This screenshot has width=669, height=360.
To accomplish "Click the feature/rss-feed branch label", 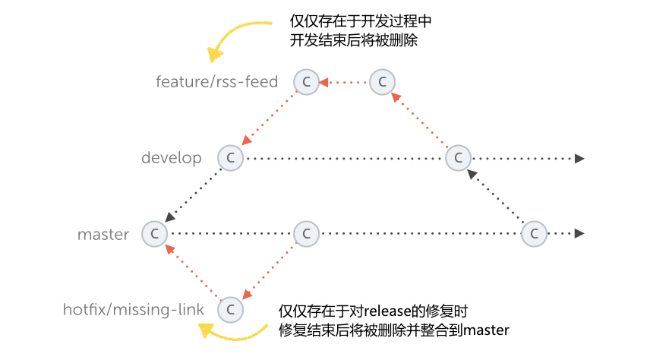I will tap(216, 81).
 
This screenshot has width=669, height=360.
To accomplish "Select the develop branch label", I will tap(172, 158).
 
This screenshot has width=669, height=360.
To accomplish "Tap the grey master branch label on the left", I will tap(103, 235).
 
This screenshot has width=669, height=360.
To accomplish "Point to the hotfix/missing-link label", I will tap(134, 309).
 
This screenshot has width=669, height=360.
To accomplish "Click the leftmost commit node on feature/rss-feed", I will tap(306, 82).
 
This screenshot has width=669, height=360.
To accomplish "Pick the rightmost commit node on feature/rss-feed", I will tap(383, 82).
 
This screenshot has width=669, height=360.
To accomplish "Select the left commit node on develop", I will tap(230, 158).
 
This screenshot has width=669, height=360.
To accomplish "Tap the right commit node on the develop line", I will tap(458, 158).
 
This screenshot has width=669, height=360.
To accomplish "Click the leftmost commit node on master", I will tap(154, 234).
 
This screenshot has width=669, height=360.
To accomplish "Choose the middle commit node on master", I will tap(306, 234).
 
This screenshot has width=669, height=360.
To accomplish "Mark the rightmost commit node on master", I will tap(535, 234).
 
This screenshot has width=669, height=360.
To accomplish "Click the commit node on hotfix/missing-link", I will tap(230, 309).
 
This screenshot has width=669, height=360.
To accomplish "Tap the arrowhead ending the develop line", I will tap(579, 158).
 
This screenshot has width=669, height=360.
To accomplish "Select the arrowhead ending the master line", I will tap(579, 234).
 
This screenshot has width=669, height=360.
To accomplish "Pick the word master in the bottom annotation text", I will tap(486, 330).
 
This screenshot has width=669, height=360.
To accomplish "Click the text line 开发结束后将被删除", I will tap(354, 39).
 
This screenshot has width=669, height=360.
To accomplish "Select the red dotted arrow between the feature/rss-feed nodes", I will tap(344, 82).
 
